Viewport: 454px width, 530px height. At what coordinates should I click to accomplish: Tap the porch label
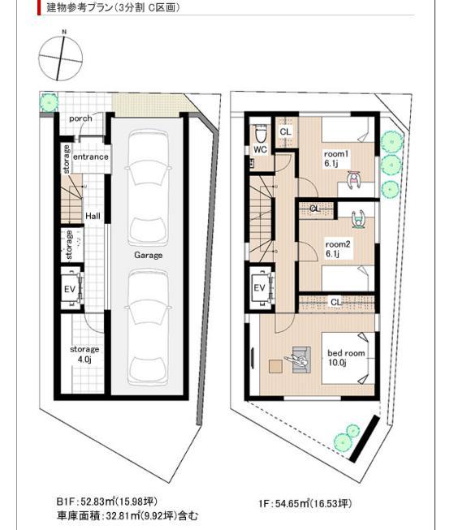(x=80, y=118)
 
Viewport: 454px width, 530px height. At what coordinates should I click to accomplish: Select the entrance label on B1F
(x=91, y=157)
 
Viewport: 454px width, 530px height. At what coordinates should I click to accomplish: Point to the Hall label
(x=93, y=217)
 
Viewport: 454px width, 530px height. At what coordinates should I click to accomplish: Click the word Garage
(x=149, y=255)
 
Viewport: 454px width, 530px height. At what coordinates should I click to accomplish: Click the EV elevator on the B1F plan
(x=71, y=291)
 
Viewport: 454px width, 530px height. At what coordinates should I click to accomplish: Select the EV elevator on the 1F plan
(x=260, y=289)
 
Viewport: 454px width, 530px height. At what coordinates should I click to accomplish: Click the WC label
(x=260, y=150)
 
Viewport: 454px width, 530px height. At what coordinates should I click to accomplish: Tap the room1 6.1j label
(x=335, y=159)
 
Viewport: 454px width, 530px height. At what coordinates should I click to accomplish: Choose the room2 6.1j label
(x=336, y=248)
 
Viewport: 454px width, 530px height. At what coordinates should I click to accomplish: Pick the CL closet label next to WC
(x=285, y=131)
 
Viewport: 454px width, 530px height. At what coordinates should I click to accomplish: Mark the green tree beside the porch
(x=50, y=102)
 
